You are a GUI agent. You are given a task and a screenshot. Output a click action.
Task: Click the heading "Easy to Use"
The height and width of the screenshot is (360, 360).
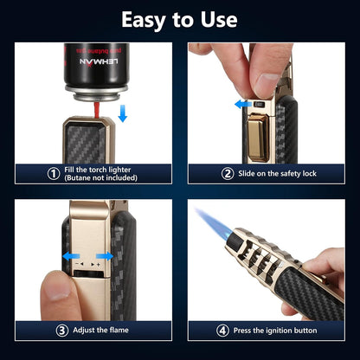click(x=180, y=19)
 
